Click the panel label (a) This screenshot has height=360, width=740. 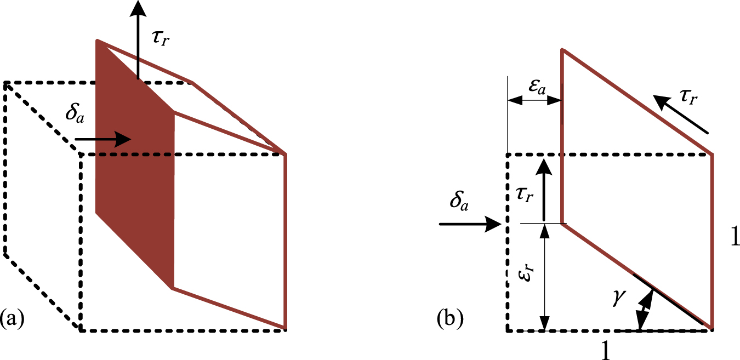click(x=12, y=318)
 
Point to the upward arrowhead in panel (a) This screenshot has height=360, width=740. click(x=138, y=8)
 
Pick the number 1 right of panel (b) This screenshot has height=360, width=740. click(x=734, y=237)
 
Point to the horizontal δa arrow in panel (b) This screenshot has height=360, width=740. click(x=471, y=224)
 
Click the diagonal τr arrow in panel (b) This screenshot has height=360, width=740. click(x=683, y=115)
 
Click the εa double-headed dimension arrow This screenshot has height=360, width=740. click(x=535, y=100)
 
